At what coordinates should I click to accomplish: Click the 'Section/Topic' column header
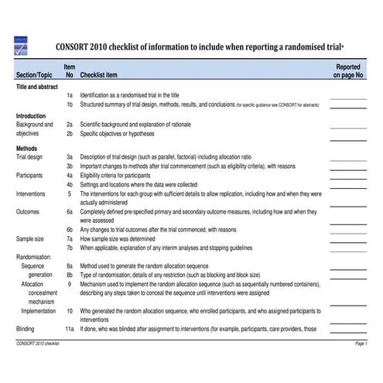[35, 76]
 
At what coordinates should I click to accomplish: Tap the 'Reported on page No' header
[348, 72]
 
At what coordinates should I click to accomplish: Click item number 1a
[70, 94]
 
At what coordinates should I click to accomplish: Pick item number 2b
[70, 133]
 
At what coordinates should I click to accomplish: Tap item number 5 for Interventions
[70, 193]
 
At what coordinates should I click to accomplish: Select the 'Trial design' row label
[32, 155]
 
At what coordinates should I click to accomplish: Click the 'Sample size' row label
[32, 239]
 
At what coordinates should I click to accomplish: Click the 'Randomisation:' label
[34, 256]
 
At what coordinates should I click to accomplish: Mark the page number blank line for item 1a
[347, 97]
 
